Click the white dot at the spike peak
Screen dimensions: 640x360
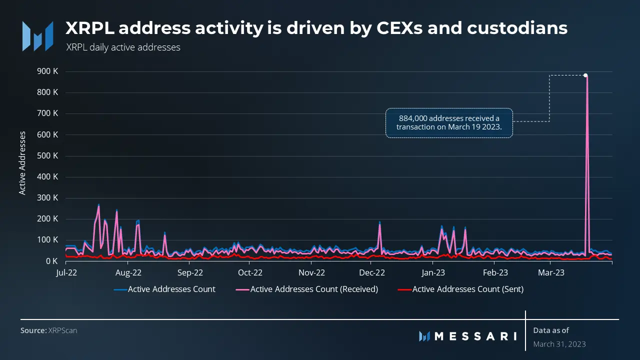coord(585,75)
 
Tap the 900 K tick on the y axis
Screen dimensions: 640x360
coord(47,71)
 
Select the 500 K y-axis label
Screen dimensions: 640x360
coord(47,155)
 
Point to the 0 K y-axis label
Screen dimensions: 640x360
coord(51,261)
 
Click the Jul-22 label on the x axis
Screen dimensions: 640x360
coord(66,272)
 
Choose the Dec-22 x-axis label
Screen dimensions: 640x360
coord(372,272)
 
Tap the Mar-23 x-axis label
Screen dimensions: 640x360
coord(551,272)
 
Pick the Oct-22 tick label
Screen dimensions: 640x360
coord(250,272)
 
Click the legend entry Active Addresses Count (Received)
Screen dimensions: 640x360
coord(307,289)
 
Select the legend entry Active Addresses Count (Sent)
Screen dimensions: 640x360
coord(460,289)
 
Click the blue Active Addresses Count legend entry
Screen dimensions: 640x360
coord(164,289)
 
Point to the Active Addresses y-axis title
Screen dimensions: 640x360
coord(22,163)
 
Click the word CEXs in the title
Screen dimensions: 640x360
coord(399,28)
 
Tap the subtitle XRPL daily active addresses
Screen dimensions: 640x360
coord(123,47)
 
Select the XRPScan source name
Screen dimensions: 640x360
coord(62,330)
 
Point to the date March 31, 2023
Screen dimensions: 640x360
coord(559,344)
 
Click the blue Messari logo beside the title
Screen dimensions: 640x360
coord(37,36)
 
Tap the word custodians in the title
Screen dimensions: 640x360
coord(517,28)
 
